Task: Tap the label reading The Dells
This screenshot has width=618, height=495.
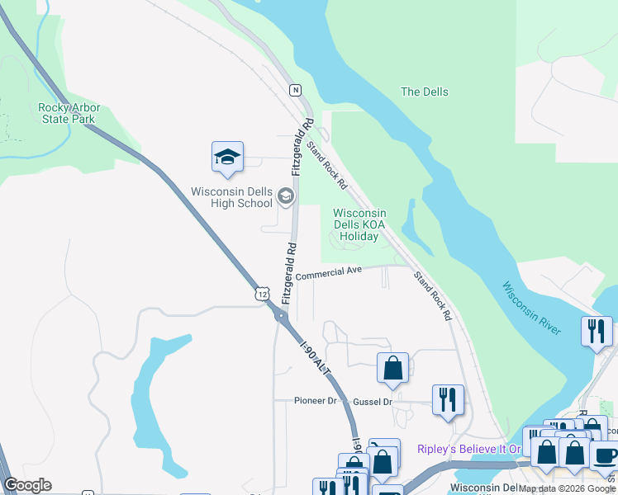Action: [424, 92]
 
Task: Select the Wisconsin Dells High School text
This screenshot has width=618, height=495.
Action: [231, 197]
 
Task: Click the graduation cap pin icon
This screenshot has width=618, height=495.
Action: [227, 156]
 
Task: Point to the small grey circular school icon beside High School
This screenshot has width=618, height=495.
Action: [286, 196]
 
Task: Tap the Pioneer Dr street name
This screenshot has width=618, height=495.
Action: [316, 401]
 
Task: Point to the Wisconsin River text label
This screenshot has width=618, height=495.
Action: [532, 308]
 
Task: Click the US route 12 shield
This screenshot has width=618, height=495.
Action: [262, 294]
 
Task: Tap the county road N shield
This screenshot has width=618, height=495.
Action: [295, 90]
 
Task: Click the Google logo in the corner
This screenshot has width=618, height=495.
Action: [27, 485]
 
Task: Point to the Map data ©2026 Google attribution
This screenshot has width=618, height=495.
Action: [567, 488]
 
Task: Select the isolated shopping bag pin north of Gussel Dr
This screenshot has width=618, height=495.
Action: [393, 366]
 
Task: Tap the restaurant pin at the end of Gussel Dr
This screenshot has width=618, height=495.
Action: [448, 399]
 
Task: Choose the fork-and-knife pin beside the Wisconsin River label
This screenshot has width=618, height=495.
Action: [597, 331]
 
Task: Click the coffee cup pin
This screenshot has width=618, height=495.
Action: [604, 455]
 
